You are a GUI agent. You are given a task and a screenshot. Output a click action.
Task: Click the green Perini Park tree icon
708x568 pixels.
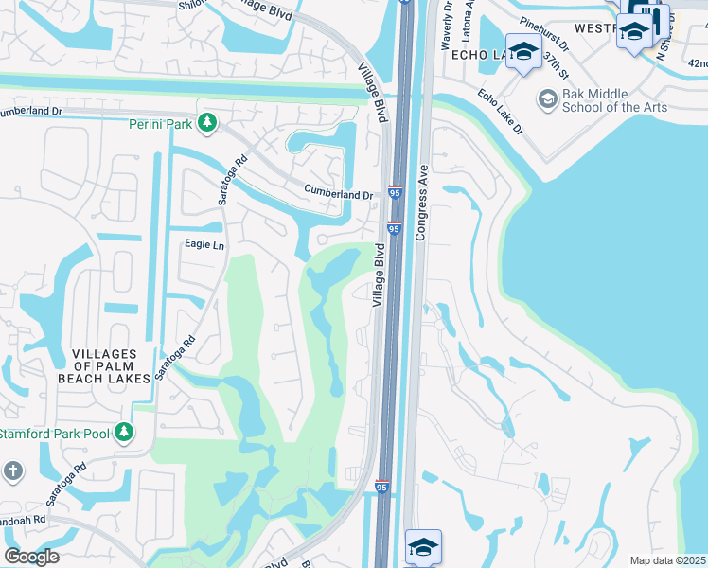coord(206,123)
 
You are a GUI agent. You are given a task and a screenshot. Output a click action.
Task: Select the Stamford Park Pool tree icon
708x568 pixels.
coord(124,434)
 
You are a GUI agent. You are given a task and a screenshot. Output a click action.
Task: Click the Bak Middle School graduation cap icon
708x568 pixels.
coord(546,98)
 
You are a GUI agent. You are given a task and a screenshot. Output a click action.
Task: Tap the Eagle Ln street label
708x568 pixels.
coord(204,244)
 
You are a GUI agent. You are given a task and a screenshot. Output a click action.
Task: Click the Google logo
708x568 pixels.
coord(30,557)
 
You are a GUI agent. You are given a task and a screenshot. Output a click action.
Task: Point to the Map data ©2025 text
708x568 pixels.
coord(667,560)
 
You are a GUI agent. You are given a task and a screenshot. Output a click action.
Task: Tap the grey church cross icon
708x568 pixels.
coord(13,470)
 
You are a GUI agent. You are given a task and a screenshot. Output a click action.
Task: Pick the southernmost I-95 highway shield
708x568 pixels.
coord(381,487)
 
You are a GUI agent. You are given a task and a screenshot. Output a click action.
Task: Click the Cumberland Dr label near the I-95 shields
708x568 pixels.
coord(338,193)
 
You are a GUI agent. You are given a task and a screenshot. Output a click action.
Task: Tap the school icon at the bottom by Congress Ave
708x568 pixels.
coord(423,546)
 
